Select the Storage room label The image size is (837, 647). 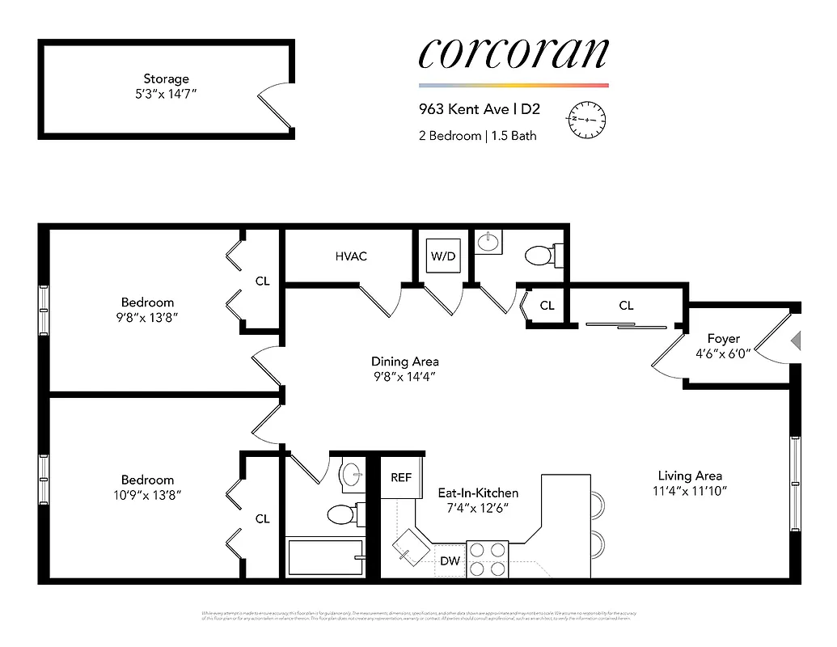pyautogui.click(x=166, y=78)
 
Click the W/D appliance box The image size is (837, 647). pyautogui.click(x=443, y=256)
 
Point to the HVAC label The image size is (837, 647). pyautogui.click(x=351, y=256)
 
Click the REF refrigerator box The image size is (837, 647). pyautogui.click(x=401, y=478)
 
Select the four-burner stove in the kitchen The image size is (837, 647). pyautogui.click(x=488, y=559)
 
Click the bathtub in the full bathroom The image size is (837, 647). pyautogui.click(x=325, y=557)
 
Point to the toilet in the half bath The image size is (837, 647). pyautogui.click(x=539, y=256)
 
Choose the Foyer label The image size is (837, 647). pyautogui.click(x=723, y=339)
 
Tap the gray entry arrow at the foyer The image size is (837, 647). pyautogui.click(x=796, y=340)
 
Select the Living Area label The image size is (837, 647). pyautogui.click(x=689, y=476)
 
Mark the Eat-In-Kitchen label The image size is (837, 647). pyautogui.click(x=478, y=493)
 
